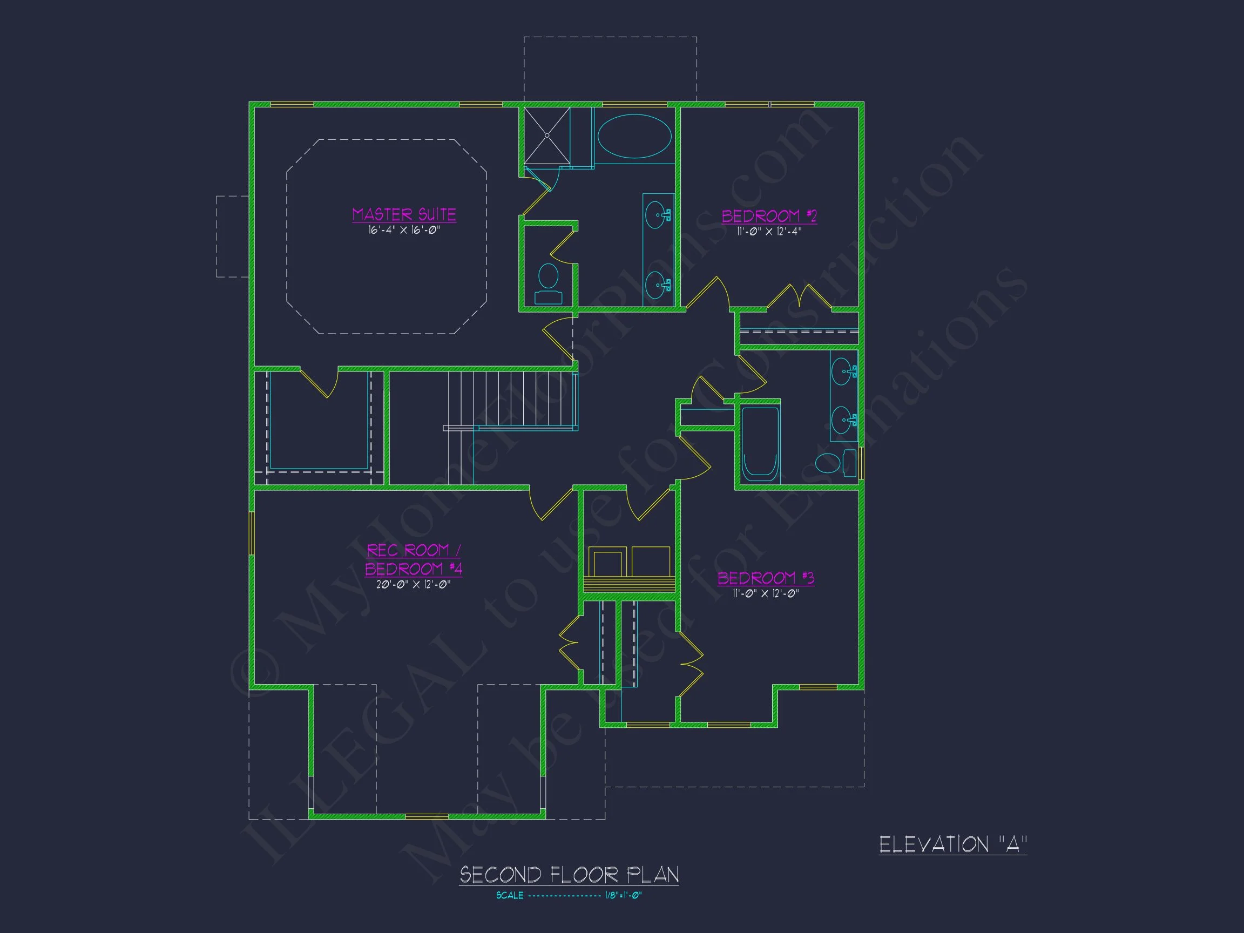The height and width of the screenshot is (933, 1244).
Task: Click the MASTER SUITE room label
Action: (404, 214)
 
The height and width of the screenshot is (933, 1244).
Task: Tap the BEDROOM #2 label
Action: (769, 216)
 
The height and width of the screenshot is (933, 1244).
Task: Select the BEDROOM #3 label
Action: (766, 578)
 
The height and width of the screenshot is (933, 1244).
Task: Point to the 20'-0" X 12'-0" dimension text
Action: (414, 585)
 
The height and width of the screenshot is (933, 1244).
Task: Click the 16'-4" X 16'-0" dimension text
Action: (404, 231)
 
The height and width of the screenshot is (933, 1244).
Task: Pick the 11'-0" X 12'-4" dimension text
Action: (769, 232)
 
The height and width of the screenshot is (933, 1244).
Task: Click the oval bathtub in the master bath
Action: (634, 136)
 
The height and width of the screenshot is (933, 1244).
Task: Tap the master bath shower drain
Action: (546, 136)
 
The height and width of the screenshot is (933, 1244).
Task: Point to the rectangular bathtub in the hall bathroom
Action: (760, 444)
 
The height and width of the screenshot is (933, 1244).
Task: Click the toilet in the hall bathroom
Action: (833, 463)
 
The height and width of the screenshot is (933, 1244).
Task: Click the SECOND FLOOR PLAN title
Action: (569, 875)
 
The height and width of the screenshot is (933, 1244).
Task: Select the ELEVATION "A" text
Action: (952, 844)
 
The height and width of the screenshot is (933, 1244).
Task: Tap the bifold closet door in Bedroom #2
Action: (799, 296)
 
